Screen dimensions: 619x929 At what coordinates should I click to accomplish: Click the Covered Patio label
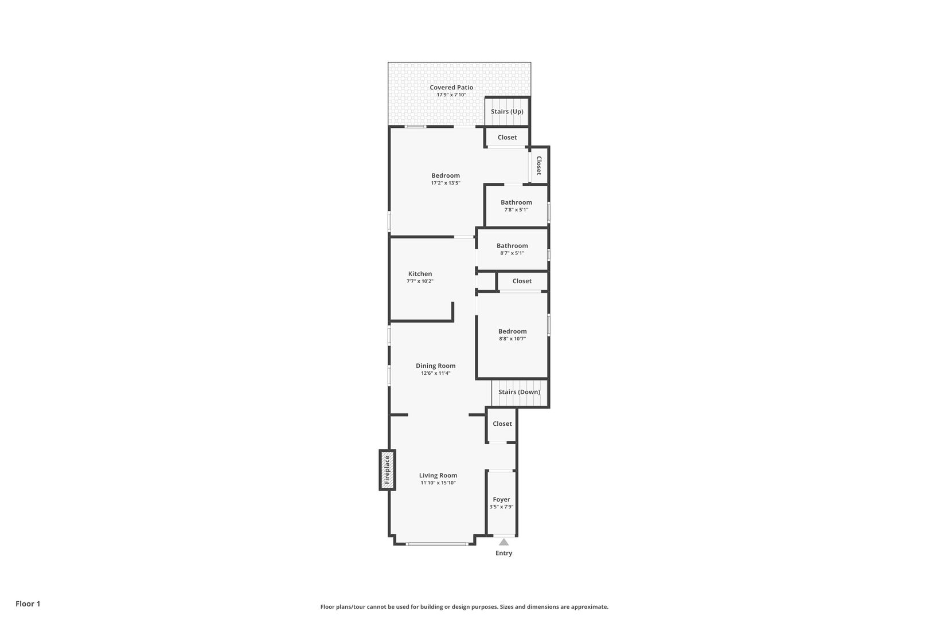coord(451,88)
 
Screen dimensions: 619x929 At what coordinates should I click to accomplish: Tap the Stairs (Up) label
coord(507,112)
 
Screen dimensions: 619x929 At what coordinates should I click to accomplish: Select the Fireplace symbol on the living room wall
coord(388,470)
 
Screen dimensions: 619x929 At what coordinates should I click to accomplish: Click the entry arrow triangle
coord(503,542)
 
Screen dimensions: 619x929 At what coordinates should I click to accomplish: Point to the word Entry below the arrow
coord(503,553)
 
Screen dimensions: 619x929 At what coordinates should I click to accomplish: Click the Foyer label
coord(501,500)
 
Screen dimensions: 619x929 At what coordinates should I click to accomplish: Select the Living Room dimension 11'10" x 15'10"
coord(438,483)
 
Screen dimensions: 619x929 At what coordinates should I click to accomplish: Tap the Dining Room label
coord(435,366)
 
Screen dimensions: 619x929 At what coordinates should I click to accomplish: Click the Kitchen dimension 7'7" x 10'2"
coord(420,281)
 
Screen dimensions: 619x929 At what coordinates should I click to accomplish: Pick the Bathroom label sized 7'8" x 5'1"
coord(516,202)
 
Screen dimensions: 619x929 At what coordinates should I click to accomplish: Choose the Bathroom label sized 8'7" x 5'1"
coord(512,246)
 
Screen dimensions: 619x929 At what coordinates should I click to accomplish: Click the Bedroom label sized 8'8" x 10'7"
coord(512,331)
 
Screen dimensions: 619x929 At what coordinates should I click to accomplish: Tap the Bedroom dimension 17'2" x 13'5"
coord(446,183)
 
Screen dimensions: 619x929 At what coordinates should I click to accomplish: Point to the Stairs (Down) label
coord(519,392)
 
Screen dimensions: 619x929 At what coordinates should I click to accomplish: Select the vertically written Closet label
coord(539,166)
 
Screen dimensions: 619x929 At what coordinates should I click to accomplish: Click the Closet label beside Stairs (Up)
coord(507,138)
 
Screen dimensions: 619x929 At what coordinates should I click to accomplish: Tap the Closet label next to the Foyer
coord(502,424)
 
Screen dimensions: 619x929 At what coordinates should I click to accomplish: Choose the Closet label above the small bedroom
coord(522,281)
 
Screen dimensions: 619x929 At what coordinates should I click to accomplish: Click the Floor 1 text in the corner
coord(28,604)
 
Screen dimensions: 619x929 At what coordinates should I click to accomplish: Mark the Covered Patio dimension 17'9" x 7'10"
coord(451,95)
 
